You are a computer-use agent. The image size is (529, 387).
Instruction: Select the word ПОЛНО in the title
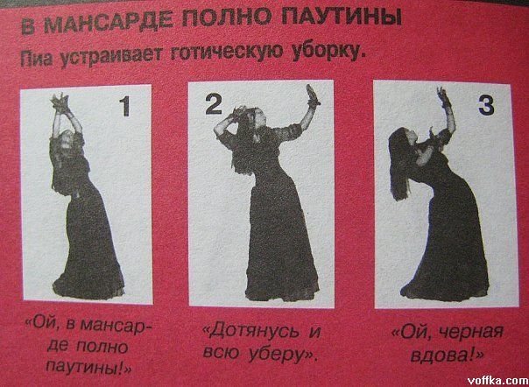[x=238, y=22]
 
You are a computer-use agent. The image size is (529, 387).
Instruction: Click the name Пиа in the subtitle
[x=37, y=60]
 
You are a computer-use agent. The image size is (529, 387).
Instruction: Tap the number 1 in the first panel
[x=125, y=107]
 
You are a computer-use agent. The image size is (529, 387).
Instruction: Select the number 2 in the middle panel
[x=213, y=104]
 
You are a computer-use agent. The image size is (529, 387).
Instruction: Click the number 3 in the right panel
[x=486, y=105]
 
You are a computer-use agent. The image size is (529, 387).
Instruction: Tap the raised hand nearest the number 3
[x=442, y=96]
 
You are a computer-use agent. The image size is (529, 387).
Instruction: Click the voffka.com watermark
[x=497, y=381]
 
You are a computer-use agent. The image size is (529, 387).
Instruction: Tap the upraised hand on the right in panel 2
[x=313, y=95]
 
